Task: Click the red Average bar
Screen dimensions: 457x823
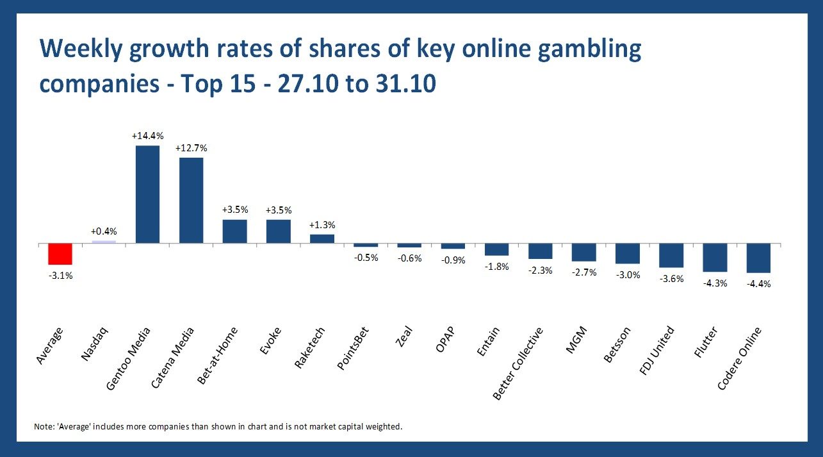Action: [60, 254]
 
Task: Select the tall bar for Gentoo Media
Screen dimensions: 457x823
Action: [147, 194]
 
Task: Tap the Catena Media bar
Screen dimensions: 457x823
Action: [191, 200]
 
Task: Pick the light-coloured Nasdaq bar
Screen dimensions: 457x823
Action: [104, 242]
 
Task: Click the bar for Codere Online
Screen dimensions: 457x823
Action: [758, 258]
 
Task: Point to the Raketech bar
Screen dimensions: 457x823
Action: [322, 238]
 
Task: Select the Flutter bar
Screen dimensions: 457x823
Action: [715, 258]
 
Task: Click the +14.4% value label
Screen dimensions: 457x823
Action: [147, 136]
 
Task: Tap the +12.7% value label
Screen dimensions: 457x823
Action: [191, 148]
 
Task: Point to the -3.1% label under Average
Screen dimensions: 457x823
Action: [60, 276]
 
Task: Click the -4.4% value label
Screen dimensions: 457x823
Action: [758, 284]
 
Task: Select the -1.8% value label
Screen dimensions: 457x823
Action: [496, 267]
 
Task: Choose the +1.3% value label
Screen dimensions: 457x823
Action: [322, 225]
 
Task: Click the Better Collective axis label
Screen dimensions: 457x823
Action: [519, 363]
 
